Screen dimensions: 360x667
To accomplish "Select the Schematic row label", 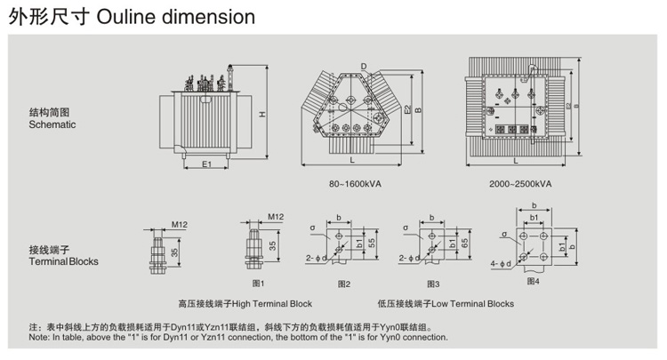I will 52,125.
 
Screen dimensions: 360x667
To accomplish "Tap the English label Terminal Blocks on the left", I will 63,261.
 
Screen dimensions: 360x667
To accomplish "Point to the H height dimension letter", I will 261,114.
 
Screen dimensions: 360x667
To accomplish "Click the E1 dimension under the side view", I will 205,164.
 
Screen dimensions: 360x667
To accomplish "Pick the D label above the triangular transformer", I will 364,66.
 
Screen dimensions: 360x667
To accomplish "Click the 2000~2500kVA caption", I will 520,184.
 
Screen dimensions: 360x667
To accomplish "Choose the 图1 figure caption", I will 259,283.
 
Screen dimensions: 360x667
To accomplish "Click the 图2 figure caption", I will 344,284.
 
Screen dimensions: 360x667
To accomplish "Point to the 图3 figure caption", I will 432,284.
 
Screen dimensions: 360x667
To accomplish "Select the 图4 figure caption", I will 533,280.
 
